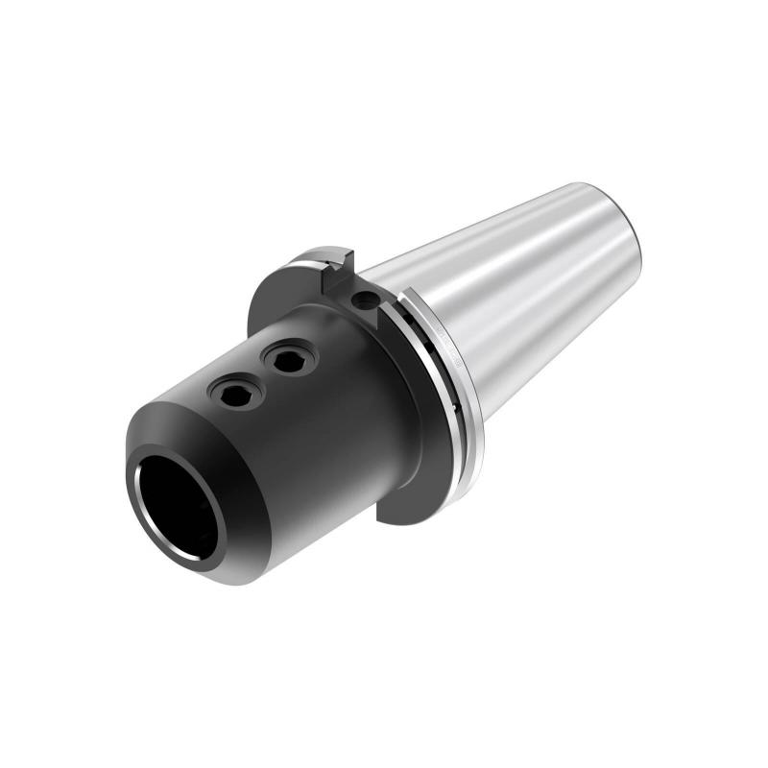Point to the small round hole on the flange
point(364,301)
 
